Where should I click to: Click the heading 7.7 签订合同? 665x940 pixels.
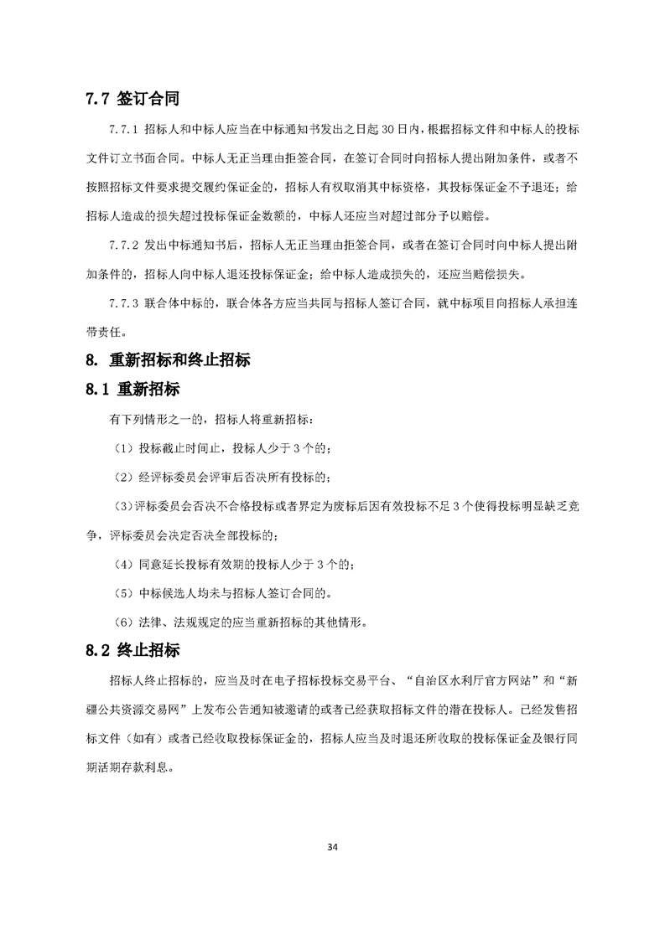132,99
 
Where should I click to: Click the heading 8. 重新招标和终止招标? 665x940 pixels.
167,361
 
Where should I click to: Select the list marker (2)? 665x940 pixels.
123,478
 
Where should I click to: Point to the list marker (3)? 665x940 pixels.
122,507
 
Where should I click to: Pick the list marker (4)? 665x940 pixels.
123,566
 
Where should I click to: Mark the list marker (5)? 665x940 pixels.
123,594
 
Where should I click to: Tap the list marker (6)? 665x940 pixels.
123,623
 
